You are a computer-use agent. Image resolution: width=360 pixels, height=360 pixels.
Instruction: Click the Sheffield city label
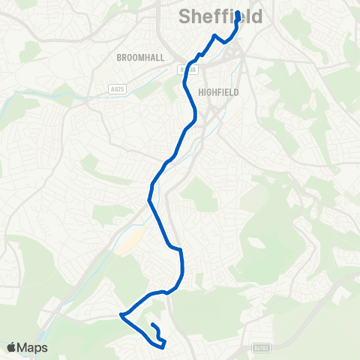pos(220,16)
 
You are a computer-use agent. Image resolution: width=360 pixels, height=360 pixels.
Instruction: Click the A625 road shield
pos(115,88)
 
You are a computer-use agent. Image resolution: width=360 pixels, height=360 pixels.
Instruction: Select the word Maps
pos(33,348)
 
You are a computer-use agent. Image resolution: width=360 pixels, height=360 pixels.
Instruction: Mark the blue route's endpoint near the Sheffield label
pos(238,13)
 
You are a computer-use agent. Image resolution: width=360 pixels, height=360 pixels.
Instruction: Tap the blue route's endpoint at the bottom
pos(152,325)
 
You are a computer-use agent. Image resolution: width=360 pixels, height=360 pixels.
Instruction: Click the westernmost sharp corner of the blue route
pos(121,316)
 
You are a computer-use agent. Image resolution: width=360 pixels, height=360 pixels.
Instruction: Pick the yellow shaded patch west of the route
pos(132,240)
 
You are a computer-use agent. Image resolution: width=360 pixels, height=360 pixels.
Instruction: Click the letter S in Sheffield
pos(185,16)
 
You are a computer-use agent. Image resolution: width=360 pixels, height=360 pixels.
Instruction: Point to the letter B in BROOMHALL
pos(120,57)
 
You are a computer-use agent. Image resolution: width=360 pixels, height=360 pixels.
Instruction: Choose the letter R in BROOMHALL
pos(125,57)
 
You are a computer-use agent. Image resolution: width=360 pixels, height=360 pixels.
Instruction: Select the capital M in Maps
pos(24,348)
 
